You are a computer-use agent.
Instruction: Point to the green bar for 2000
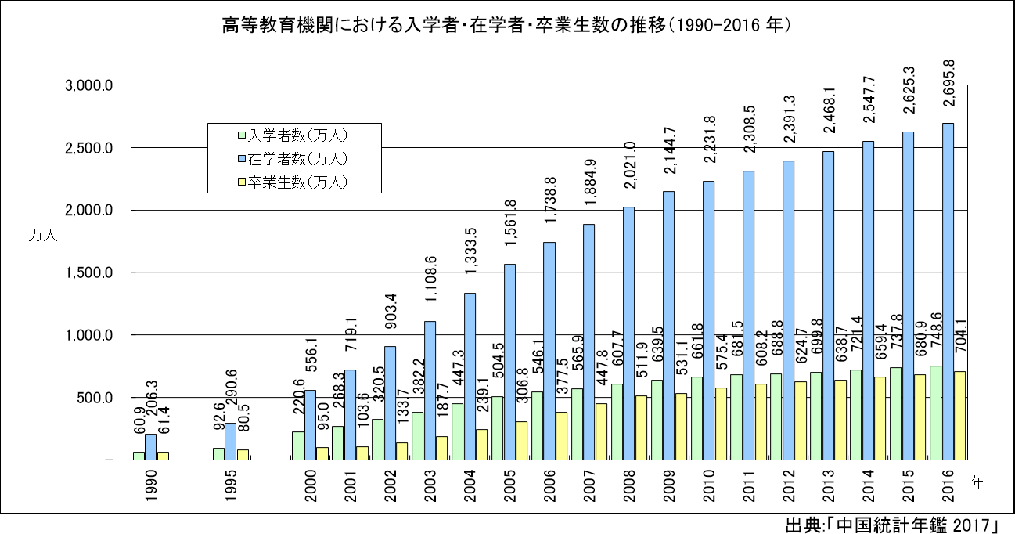(297, 446)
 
